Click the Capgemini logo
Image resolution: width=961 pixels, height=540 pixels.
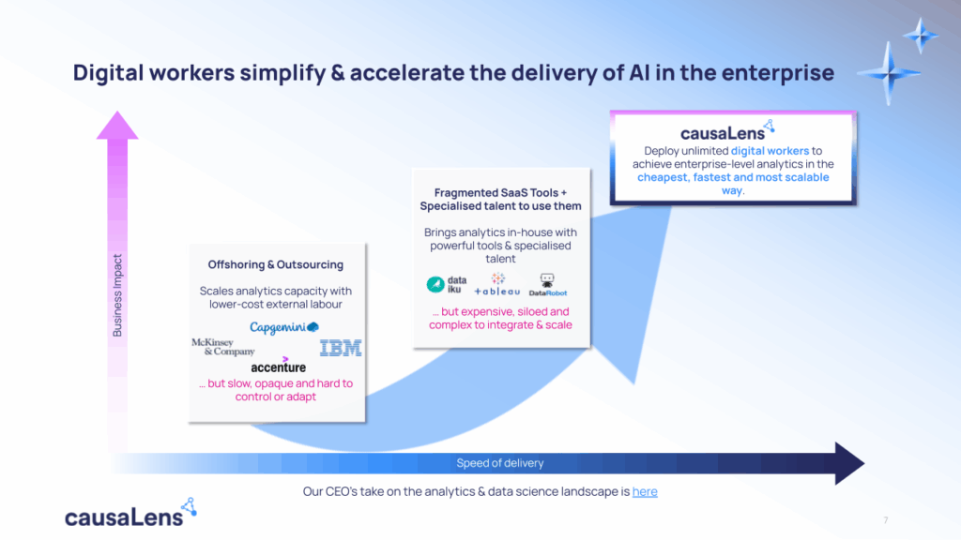tap(284, 327)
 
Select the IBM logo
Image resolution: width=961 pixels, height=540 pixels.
tap(340, 349)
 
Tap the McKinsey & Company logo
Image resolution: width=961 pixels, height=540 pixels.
tap(222, 347)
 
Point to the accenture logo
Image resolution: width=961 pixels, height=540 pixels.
tap(279, 366)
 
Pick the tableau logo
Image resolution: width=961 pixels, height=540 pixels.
tap(496, 285)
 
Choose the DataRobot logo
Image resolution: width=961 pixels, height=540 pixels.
tap(547, 285)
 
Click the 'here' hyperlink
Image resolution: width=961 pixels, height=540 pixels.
tap(645, 490)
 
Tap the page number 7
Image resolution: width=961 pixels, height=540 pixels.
tap(886, 520)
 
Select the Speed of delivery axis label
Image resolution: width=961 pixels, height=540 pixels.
tap(499, 463)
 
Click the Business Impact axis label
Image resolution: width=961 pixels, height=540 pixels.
tap(118, 294)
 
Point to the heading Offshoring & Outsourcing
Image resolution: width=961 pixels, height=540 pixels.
tap(276, 264)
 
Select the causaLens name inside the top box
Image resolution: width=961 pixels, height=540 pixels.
tap(722, 132)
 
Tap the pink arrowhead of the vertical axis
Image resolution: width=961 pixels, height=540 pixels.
tap(117, 126)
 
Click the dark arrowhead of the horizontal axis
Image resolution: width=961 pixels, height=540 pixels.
tap(848, 463)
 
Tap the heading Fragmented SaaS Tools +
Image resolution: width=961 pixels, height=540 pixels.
tap(501, 192)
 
